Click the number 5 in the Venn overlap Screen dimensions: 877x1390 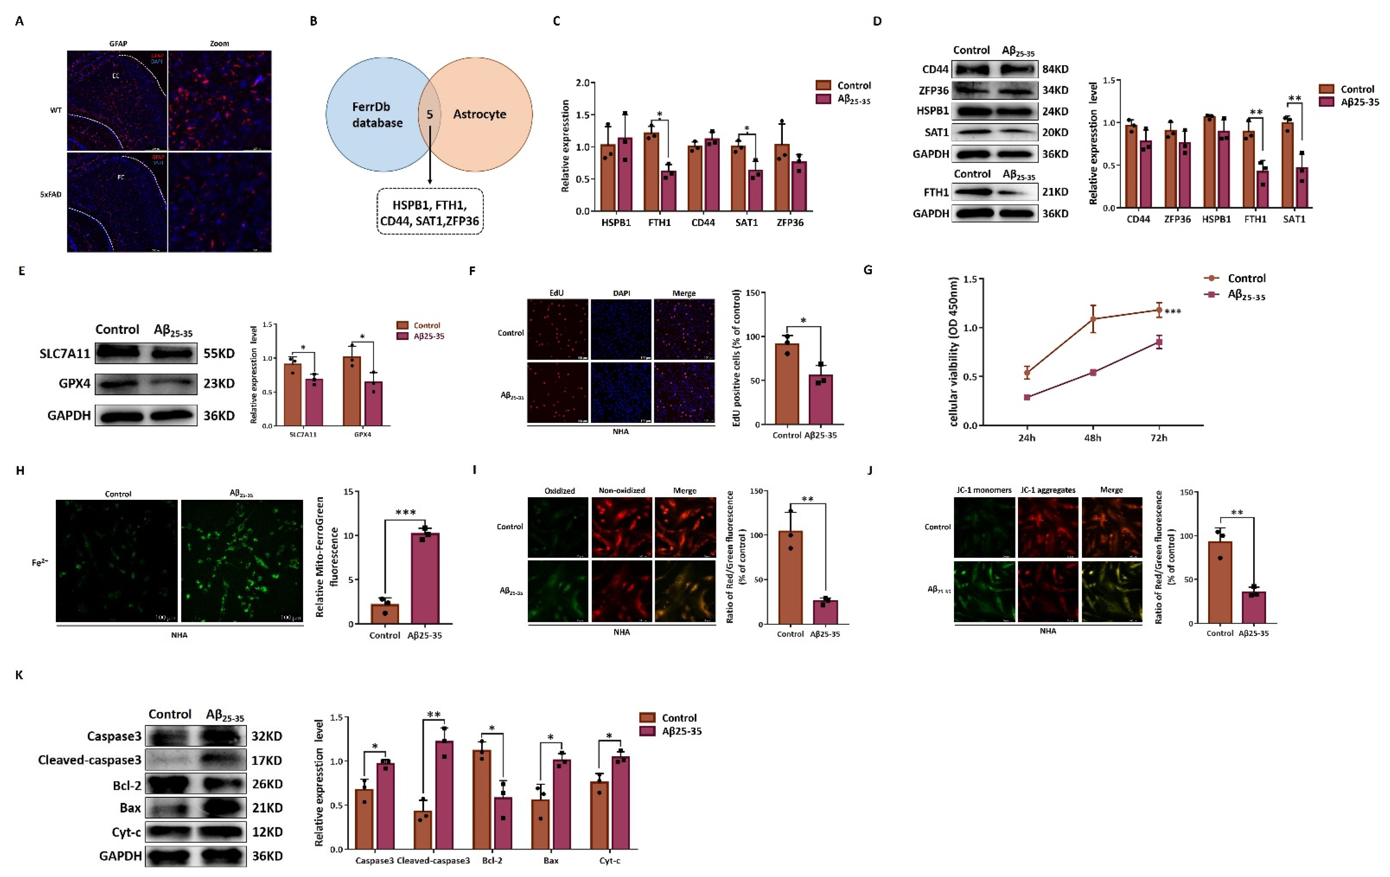[429, 114]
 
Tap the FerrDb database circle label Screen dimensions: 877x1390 [377, 115]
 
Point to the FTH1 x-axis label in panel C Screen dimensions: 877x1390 [659, 222]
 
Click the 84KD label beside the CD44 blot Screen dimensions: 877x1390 [1055, 69]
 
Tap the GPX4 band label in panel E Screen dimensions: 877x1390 [74, 384]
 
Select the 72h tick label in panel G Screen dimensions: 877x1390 [1159, 438]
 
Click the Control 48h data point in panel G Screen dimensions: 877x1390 [1093, 319]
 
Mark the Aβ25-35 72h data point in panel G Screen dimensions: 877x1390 [1159, 342]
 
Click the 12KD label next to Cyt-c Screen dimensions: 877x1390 [267, 832]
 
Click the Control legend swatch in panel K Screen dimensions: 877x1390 [647, 718]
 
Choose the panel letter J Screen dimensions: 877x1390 [871, 470]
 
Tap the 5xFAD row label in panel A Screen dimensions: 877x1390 [51, 195]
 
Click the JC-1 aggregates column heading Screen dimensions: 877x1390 [1048, 490]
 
